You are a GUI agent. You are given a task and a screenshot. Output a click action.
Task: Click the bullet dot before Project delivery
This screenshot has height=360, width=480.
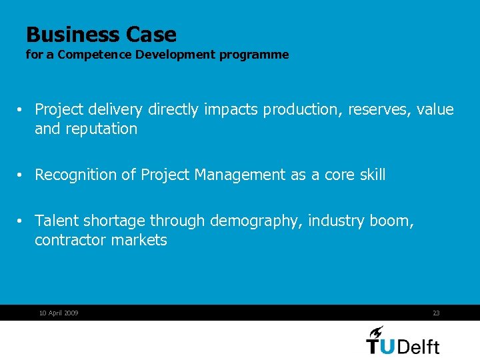tap(21, 110)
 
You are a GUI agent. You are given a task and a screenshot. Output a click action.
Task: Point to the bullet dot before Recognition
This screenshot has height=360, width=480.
tap(21, 175)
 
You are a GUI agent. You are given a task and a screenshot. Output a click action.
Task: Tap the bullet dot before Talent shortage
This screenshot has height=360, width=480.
tap(21, 221)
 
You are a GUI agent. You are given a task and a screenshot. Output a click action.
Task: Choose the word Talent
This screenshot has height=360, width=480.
tap(57, 221)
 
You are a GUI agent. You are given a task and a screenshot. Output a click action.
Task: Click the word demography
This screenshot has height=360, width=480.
tap(257, 221)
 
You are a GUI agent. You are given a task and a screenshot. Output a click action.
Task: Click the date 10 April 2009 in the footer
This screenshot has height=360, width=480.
tap(59, 313)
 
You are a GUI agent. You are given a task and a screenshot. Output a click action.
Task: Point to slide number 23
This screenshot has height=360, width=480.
tap(436, 313)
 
